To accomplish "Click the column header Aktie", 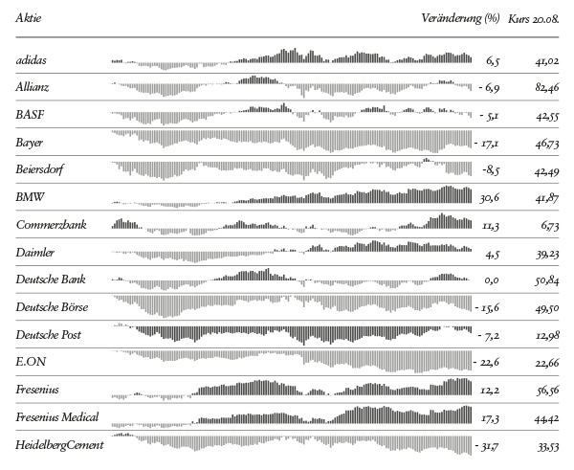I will (28, 18).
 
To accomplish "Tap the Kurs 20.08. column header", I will (533, 18).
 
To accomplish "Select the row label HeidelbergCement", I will (59, 445).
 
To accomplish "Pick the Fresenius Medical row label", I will (57, 417).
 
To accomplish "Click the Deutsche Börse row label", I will (52, 307).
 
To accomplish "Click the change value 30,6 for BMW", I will (488, 198).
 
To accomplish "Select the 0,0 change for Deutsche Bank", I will (492, 280).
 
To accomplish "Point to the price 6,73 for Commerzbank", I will (549, 226).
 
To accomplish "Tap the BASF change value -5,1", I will (489, 116).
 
